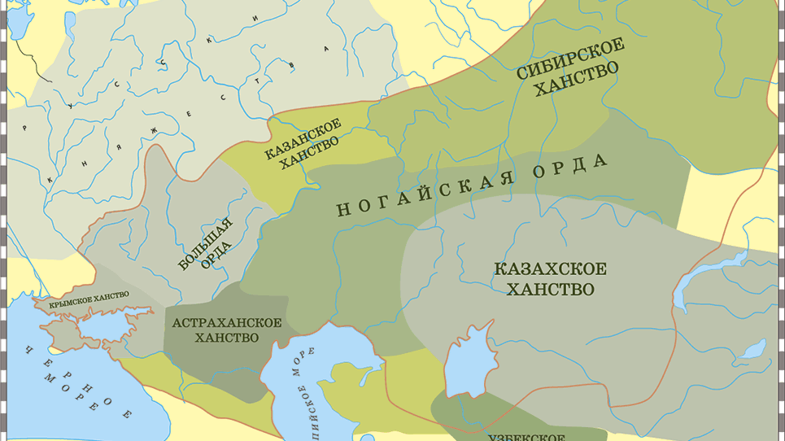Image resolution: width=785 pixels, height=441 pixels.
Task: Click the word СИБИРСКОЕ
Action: [570, 58]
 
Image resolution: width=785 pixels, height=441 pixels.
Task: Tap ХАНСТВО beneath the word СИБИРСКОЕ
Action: [576, 81]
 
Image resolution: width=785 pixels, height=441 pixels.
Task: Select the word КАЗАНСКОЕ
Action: [302, 136]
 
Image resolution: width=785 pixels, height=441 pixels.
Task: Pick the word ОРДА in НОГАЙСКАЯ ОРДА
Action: [572, 164]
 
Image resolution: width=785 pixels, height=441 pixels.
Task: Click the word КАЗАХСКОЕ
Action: [550, 269]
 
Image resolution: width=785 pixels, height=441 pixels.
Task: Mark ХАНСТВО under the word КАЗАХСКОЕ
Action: [550, 290]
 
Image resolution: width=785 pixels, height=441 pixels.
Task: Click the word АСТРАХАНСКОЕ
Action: [226, 322]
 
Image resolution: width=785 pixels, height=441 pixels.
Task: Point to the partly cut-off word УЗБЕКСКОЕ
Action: [526, 436]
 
